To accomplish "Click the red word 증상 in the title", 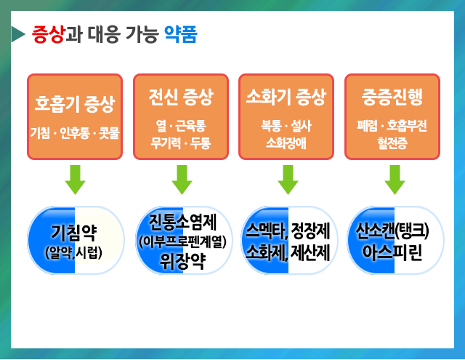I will click(49, 34).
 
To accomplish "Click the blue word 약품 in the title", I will click(179, 34).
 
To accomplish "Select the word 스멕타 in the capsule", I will click(265, 231).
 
